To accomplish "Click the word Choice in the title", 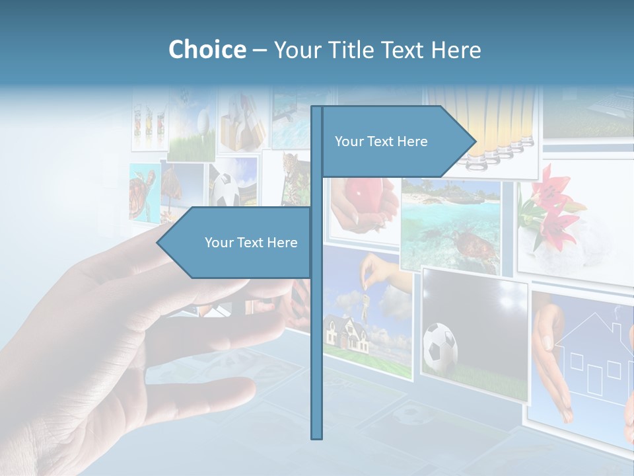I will (207, 50).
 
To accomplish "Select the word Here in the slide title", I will (456, 50).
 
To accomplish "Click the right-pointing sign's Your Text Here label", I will (381, 141).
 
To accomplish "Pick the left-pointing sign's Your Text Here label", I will (251, 243).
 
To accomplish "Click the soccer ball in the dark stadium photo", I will (440, 345).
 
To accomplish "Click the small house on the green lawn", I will (347, 334).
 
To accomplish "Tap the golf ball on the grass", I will (203, 120).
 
